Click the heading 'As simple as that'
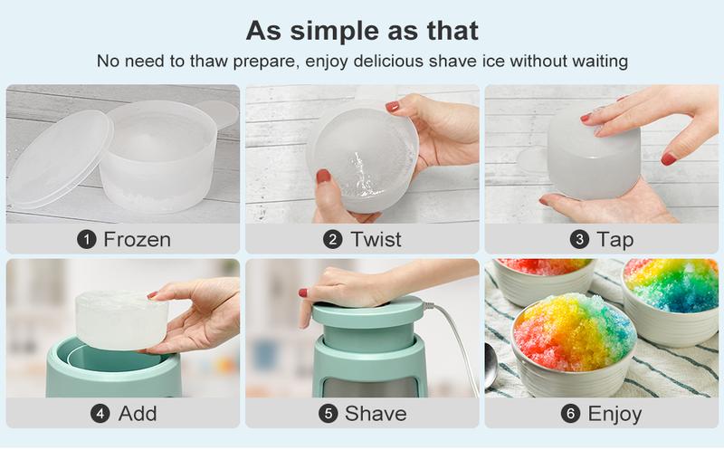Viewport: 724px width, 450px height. [362, 29]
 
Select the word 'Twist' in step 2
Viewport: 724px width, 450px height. [375, 240]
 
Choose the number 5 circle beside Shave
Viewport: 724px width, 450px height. [329, 414]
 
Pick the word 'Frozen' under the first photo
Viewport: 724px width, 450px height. [137, 240]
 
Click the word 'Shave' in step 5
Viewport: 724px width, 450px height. [376, 414]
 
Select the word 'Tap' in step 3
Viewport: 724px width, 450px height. [614, 240]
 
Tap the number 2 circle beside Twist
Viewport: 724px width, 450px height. [333, 240]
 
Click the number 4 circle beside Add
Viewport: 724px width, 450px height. [100, 414]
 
